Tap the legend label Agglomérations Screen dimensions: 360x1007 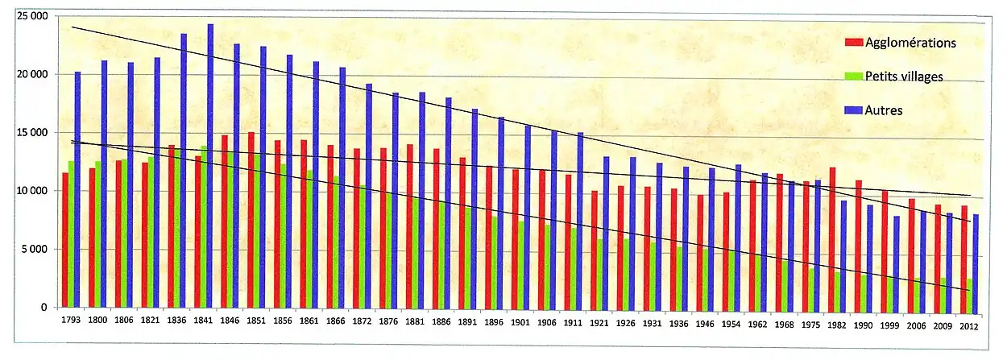(x=910, y=42)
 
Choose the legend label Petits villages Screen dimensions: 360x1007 (x=903, y=76)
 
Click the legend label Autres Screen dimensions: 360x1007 (x=884, y=110)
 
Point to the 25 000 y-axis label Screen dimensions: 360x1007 (x=30, y=16)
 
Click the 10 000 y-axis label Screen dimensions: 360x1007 (x=30, y=191)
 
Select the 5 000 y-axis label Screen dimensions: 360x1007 (x=34, y=250)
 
